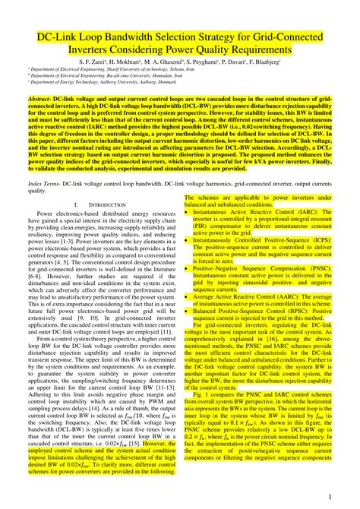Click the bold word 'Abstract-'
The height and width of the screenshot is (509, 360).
(43, 99)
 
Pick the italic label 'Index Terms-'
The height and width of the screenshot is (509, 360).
(43, 184)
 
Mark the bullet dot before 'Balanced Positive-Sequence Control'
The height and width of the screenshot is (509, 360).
(187, 311)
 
